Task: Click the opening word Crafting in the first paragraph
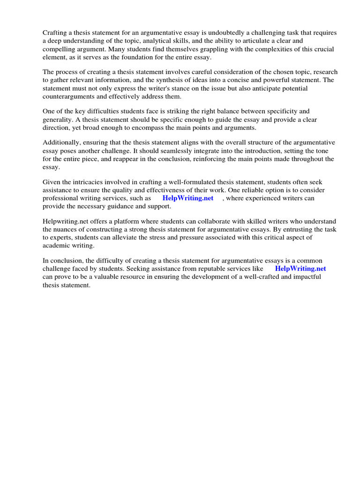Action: tap(55, 33)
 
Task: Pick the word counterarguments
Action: tap(69, 96)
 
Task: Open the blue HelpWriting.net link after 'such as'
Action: tap(188, 198)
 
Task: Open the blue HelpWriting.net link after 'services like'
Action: tap(300, 269)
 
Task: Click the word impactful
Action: tap(305, 277)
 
